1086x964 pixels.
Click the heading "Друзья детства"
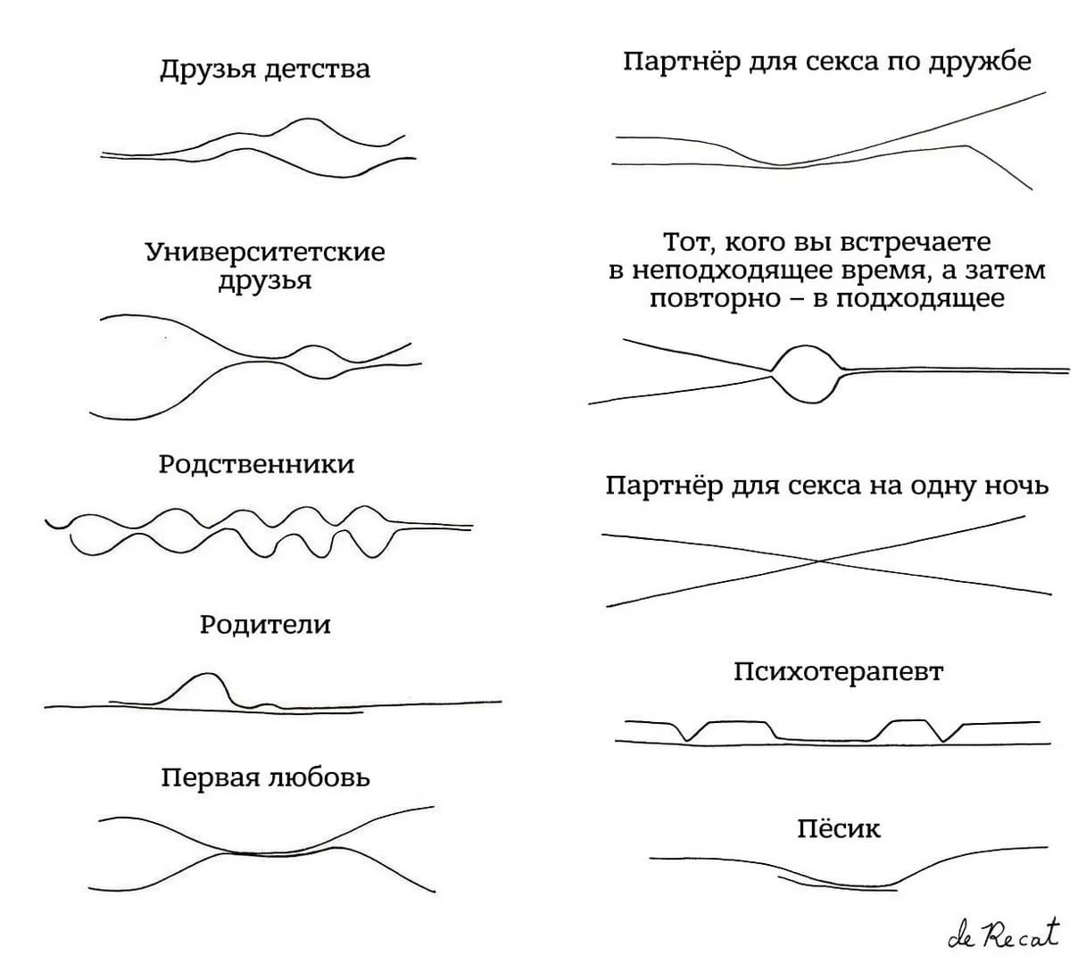point(265,70)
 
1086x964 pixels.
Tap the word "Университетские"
point(265,253)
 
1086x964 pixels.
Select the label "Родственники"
point(256,464)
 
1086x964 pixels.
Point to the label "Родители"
point(265,624)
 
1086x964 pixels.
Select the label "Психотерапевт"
point(838,671)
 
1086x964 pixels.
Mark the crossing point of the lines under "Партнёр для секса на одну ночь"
point(819,561)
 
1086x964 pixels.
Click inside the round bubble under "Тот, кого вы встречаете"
point(805,370)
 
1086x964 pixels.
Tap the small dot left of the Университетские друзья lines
point(165,339)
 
